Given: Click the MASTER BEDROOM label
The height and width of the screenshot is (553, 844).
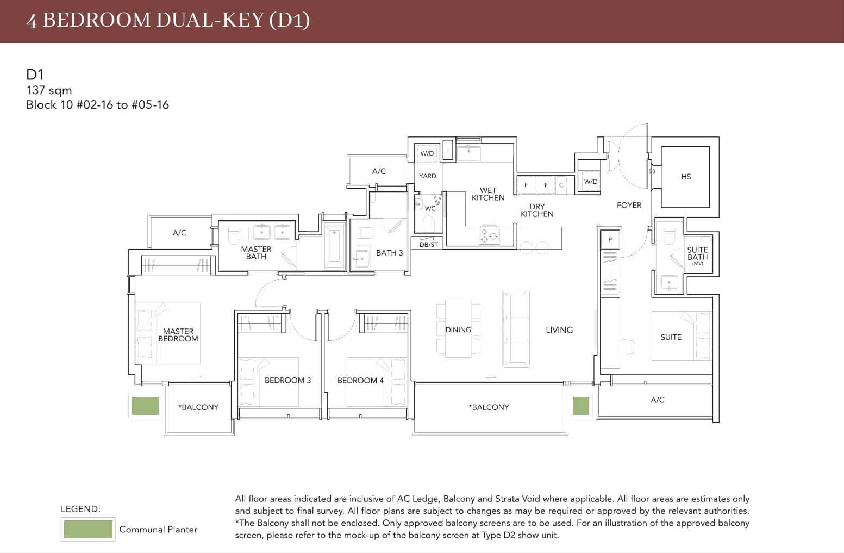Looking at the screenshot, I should pos(178,335).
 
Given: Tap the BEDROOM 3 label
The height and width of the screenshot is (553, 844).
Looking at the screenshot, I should pos(287,380).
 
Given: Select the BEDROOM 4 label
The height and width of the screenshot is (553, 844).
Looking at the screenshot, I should pos(360,380).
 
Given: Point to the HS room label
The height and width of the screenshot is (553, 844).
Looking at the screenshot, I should pos(686,177).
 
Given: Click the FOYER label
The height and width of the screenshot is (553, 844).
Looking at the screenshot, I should pos(629,205).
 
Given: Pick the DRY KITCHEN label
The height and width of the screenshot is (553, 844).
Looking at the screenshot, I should pos(537,210).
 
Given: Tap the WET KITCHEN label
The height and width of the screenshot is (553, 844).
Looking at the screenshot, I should pos(487,194).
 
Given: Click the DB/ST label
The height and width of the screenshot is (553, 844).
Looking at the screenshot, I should pos(428,245).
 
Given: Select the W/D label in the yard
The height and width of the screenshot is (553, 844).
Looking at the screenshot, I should pos(427,153).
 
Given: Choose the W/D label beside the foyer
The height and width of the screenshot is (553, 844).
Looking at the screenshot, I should pos(590,182).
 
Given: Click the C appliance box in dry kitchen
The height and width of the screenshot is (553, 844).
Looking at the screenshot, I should pos(561,185).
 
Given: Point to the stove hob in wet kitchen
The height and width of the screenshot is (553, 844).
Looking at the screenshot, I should pos(489,236).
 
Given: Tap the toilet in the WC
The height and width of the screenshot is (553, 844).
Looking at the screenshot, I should pos(428,223).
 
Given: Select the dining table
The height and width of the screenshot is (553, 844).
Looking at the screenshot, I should pos(458,329).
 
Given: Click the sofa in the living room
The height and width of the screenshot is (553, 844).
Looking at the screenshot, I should pos(516,328).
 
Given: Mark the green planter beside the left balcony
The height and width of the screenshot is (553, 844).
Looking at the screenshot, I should pos(145,406).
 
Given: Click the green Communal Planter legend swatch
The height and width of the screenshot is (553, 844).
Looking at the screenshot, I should pos(88,529).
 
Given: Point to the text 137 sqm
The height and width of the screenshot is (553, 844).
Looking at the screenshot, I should pos(49,90).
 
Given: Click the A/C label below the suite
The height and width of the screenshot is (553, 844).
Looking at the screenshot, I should pos(657,400).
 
